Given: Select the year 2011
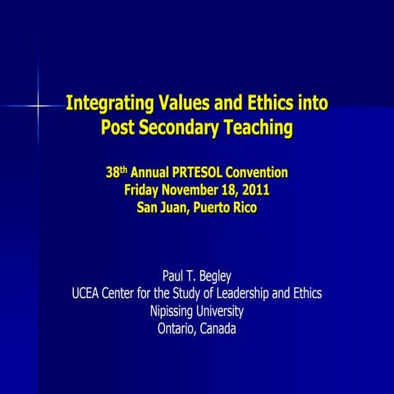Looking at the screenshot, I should pyautogui.click(x=253, y=190).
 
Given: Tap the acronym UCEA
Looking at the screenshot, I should pyautogui.click(x=89, y=294).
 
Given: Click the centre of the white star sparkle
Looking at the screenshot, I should pyautogui.click(x=38, y=106).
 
